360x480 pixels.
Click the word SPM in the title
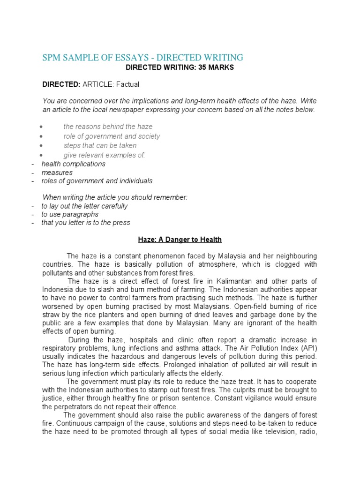pos(52,58)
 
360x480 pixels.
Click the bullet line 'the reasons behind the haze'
pos(108,127)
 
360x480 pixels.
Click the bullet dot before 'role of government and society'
pos(42,136)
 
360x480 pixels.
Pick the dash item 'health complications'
pos(74,164)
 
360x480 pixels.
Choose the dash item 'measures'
pos(57,172)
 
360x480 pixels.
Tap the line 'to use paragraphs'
pos(70,214)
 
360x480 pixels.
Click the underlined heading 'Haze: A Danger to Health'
pos(180,240)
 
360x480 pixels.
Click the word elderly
pos(212,373)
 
